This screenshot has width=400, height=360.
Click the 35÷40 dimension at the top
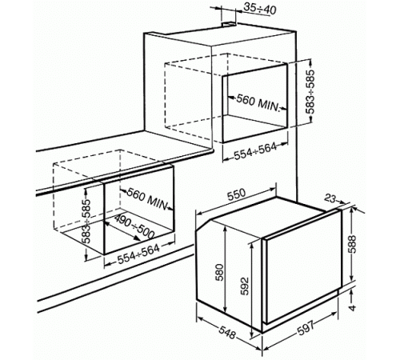coord(260,10)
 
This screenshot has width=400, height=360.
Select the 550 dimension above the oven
coord(236,194)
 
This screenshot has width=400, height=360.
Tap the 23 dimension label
coord(330,198)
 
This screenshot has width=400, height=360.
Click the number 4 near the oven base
coord(352,308)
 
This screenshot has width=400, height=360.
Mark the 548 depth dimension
coord(227,332)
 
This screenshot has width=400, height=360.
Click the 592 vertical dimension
coord(244,286)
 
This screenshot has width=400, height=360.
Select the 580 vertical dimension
coord(219,272)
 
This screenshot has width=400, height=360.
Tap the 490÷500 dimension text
coord(134,226)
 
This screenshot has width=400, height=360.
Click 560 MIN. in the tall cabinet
coord(258,102)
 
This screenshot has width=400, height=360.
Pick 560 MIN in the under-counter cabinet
coord(147,198)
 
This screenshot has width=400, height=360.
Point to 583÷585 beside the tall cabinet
coord(310,91)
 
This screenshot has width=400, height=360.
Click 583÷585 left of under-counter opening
coord(86,222)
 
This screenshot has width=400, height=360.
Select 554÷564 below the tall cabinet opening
coord(255,152)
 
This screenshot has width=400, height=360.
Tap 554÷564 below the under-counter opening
coord(138,254)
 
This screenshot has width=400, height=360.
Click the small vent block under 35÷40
coord(229,24)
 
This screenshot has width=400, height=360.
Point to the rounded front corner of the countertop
coord(211,151)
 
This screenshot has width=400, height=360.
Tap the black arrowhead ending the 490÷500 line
coord(137,238)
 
